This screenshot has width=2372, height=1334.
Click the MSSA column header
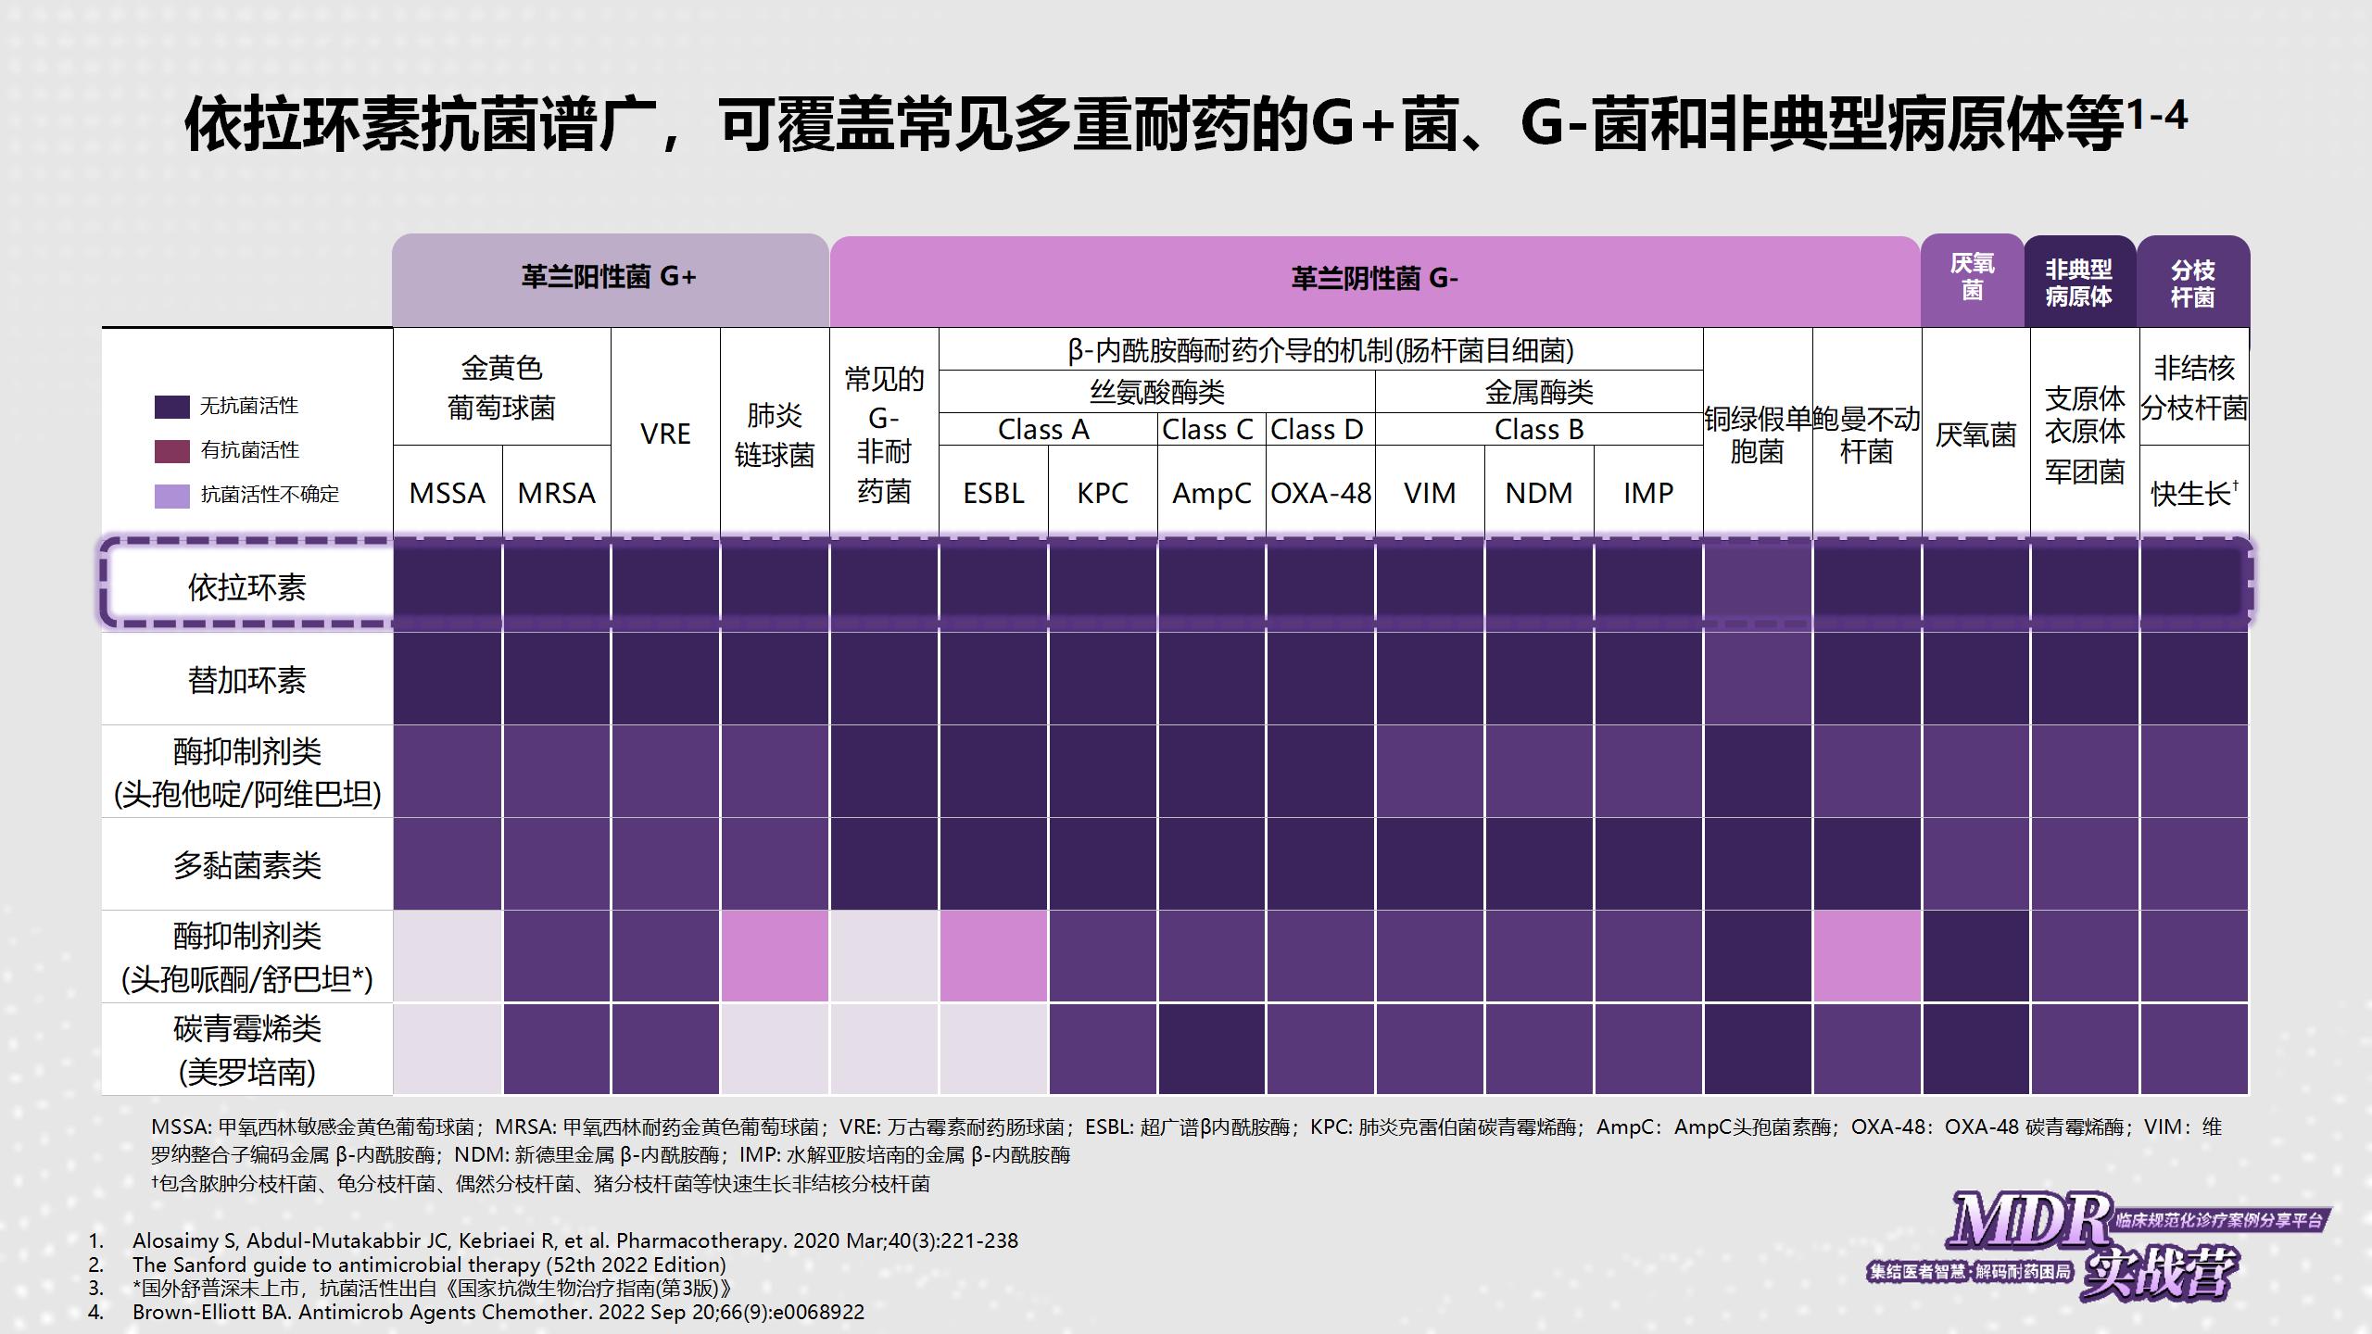(x=448, y=493)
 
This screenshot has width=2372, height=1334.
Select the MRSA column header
(x=556, y=493)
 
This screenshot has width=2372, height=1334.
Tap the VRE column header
(x=665, y=434)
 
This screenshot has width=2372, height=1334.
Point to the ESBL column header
(x=993, y=493)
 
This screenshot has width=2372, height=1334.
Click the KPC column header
(x=1103, y=493)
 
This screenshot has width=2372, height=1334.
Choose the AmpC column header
(x=1211, y=493)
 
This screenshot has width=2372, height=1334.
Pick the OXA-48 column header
(x=1320, y=493)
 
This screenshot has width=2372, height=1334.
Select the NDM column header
(x=1539, y=493)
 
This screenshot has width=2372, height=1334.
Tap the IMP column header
(x=1648, y=493)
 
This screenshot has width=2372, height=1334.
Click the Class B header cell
(x=1539, y=430)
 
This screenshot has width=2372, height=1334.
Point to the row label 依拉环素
(x=246, y=587)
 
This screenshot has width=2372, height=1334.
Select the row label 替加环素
(x=246, y=680)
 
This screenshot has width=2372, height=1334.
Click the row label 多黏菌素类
(x=246, y=865)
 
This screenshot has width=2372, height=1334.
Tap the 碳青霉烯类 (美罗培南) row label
(x=246, y=1051)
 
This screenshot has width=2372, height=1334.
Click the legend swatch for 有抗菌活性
(x=171, y=451)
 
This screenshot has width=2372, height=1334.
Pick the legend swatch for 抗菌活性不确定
(x=171, y=496)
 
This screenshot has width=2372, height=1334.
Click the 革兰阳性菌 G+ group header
(x=609, y=278)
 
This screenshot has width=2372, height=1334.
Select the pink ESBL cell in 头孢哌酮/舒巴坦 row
(x=993, y=956)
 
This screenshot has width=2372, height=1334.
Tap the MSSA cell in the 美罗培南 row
(x=448, y=1049)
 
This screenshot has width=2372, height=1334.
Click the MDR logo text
(x=2029, y=1220)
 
